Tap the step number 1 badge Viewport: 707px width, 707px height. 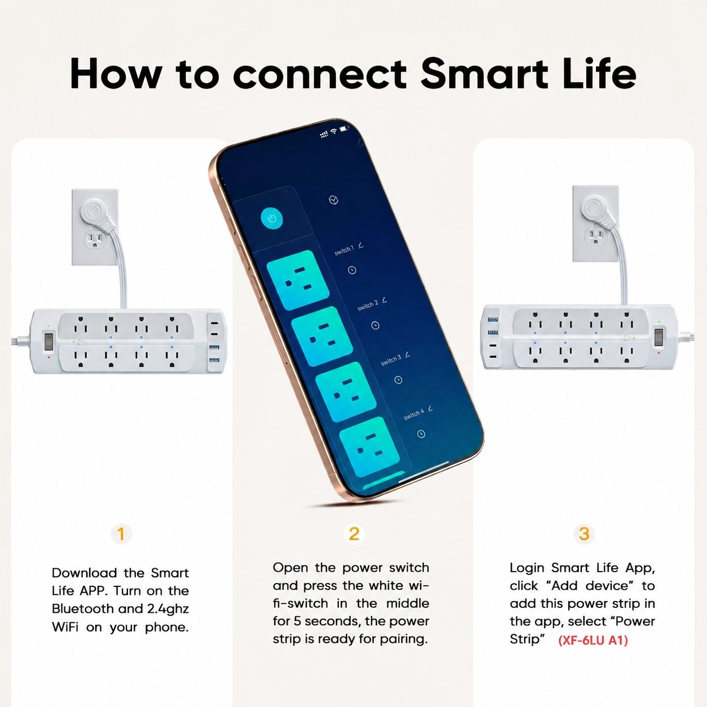pyautogui.click(x=121, y=534)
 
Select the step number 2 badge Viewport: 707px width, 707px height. pyautogui.click(x=353, y=534)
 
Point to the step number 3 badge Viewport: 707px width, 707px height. pyautogui.click(x=584, y=534)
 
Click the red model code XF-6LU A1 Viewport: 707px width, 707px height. pyautogui.click(x=593, y=640)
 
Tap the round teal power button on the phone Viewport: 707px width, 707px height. pyautogui.click(x=272, y=219)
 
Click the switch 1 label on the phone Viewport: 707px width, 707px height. pyautogui.click(x=344, y=250)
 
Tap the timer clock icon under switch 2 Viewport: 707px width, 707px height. pyautogui.click(x=375, y=325)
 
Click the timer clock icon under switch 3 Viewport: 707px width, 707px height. pyautogui.click(x=398, y=380)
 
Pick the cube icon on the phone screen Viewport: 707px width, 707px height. pyautogui.click(x=333, y=200)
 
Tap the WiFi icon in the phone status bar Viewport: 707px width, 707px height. pyautogui.click(x=334, y=131)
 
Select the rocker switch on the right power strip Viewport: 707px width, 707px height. pyautogui.click(x=659, y=338)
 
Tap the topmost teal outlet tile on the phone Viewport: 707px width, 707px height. pyautogui.click(x=298, y=280)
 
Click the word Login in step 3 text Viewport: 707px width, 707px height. pyautogui.click(x=527, y=568)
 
